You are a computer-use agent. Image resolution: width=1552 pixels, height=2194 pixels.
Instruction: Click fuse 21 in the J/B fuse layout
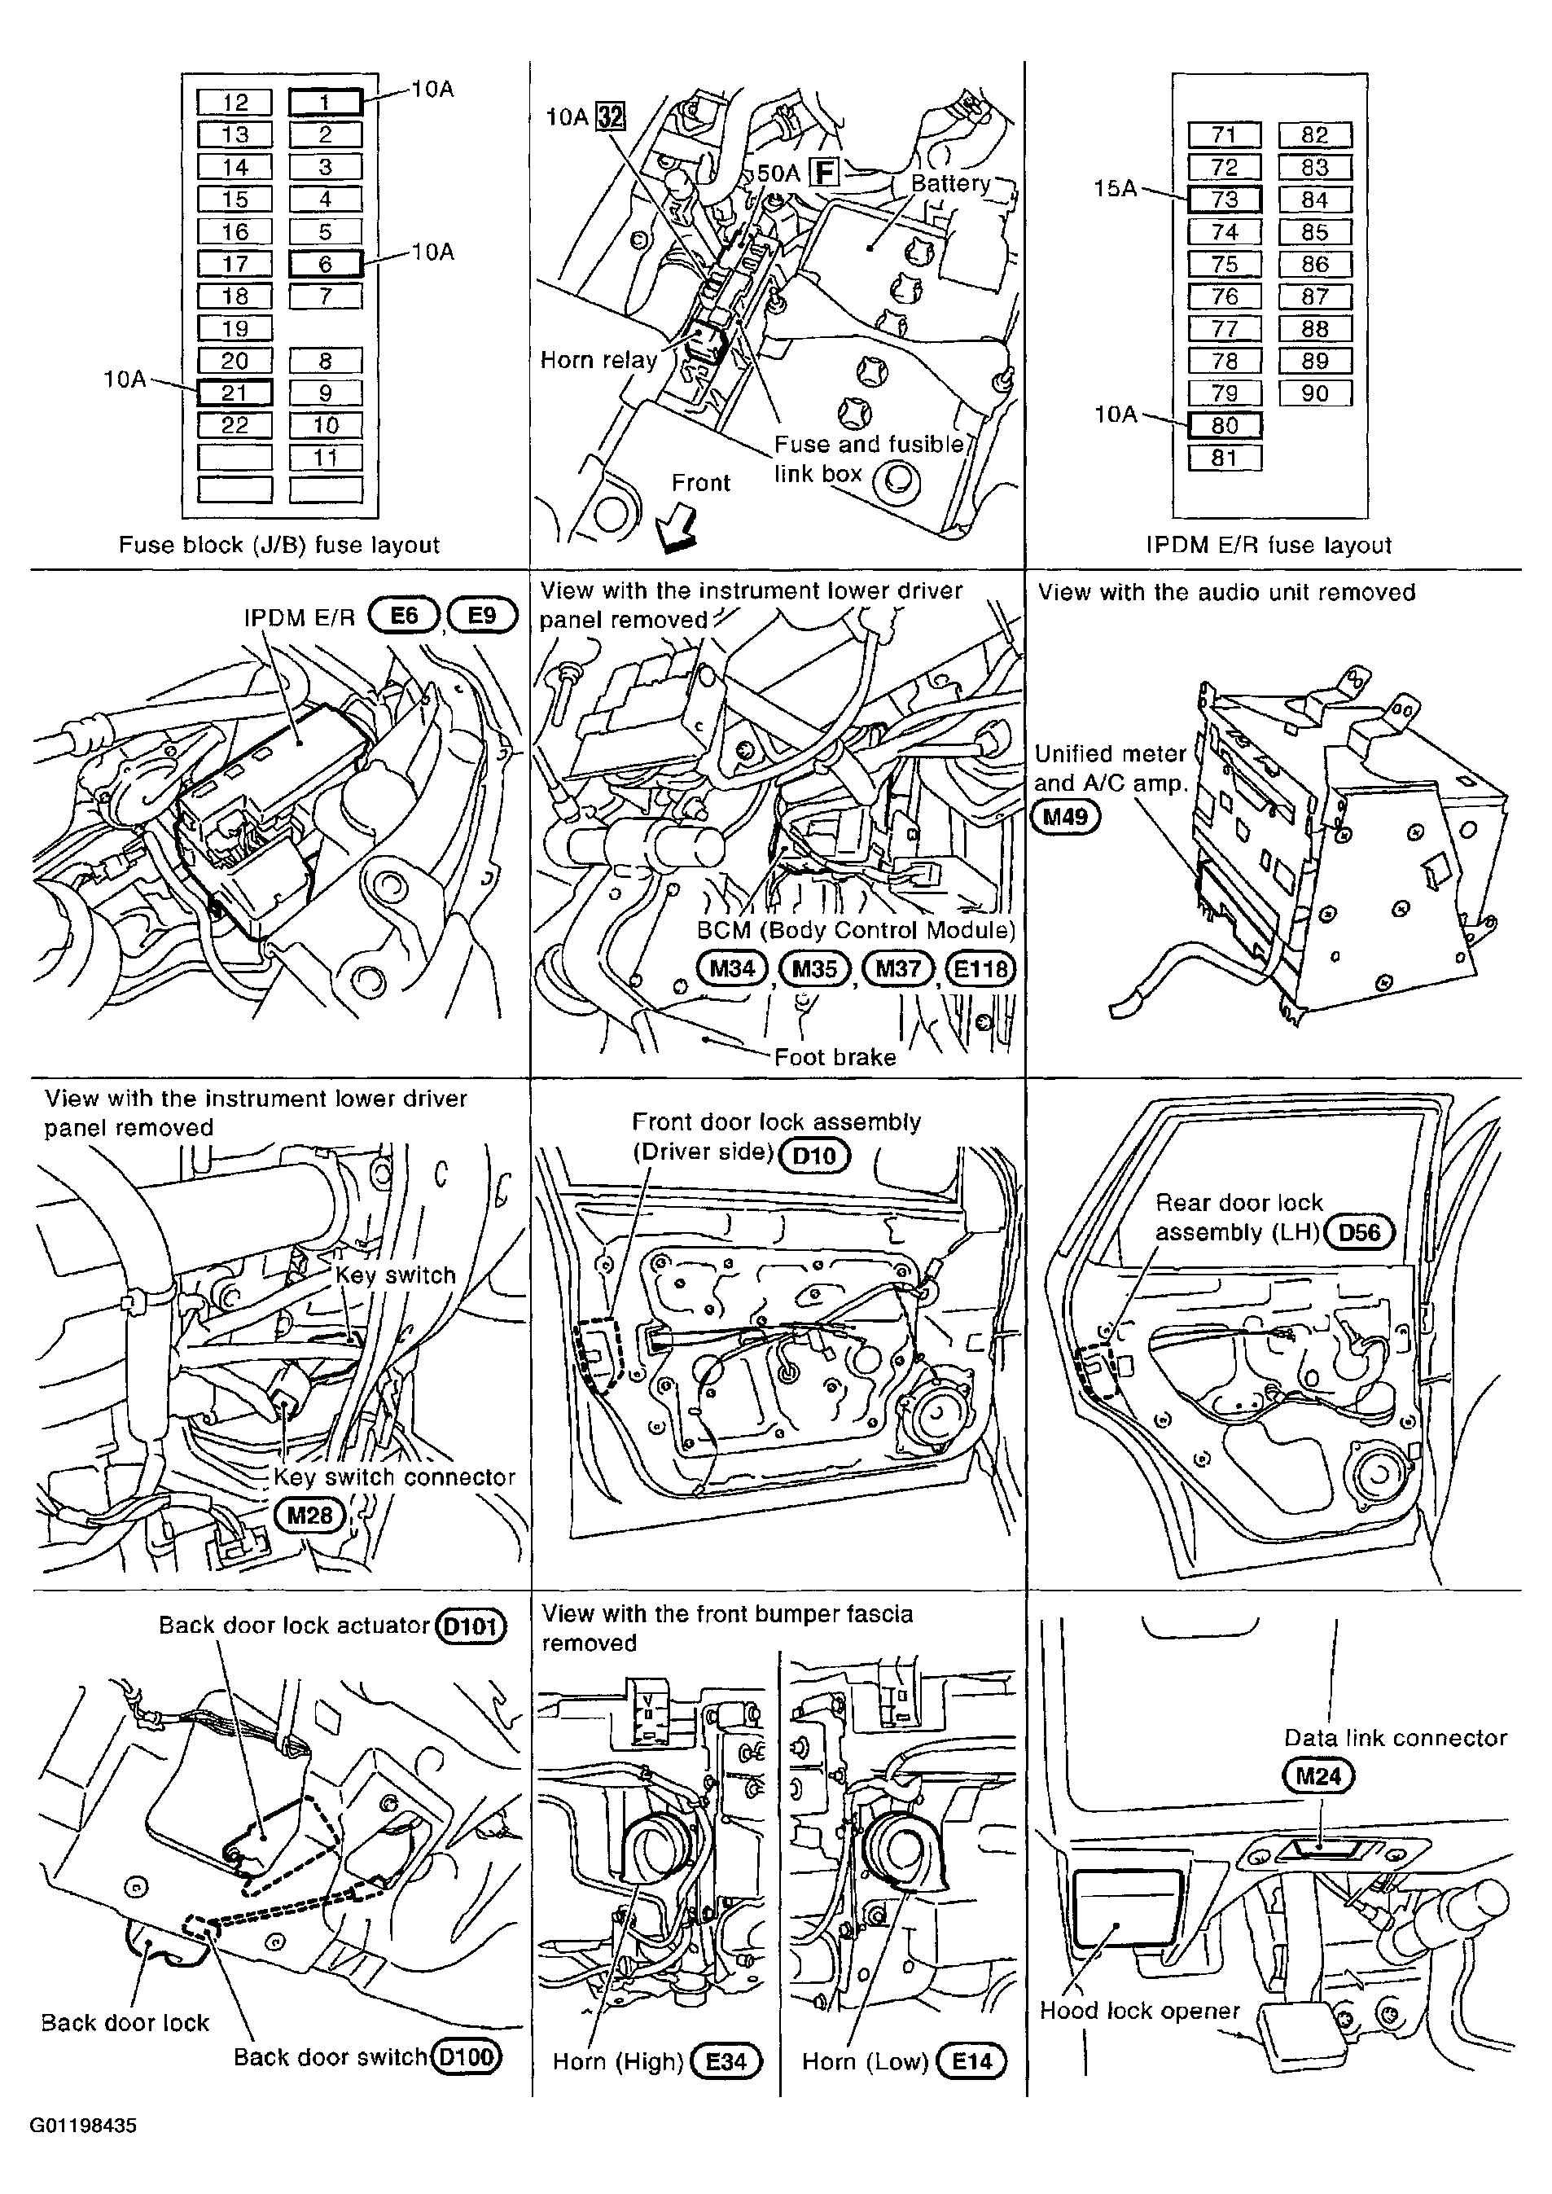coord(235,393)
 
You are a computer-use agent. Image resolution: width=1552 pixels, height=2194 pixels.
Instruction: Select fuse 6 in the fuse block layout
coord(325,264)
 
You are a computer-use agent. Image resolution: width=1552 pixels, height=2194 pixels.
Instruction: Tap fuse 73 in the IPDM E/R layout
coord(1224,200)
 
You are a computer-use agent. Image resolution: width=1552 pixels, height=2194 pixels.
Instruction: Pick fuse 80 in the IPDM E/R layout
coord(1224,425)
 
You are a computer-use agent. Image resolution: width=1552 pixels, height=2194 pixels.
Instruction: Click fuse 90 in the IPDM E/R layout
coord(1315,393)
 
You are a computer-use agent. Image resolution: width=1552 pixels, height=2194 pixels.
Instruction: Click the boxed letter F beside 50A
coord(824,173)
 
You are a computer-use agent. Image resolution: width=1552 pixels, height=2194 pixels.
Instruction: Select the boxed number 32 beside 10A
coord(610,116)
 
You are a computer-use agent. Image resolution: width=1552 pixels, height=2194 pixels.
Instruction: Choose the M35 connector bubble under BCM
coord(814,969)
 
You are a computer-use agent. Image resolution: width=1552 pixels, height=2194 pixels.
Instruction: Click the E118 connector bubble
coord(980,969)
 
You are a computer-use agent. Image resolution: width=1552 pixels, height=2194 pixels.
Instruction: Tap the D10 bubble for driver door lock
coord(814,1156)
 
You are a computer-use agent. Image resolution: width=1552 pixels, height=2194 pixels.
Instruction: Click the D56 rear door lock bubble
coord(1359,1231)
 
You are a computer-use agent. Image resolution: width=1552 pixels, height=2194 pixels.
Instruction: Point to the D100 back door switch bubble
coord(467,2056)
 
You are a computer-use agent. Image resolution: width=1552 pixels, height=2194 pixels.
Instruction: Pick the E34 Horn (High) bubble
coord(726,2061)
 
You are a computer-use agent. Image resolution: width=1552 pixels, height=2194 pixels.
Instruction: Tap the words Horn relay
coord(599,360)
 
